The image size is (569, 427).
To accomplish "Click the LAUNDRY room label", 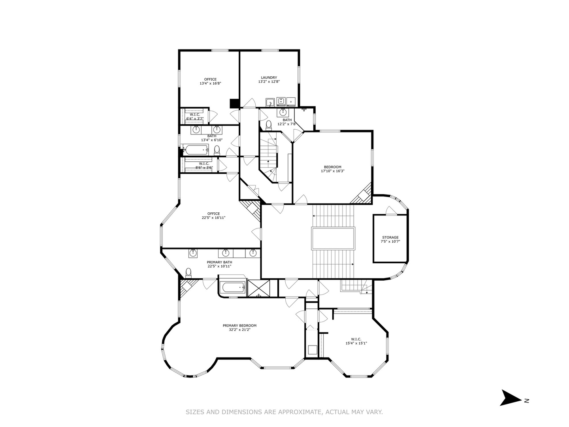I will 269,77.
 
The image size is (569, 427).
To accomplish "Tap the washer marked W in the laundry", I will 281,102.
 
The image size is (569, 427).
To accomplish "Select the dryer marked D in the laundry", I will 291,102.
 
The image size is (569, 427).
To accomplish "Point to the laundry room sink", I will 270,102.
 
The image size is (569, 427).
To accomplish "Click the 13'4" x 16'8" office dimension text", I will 210,83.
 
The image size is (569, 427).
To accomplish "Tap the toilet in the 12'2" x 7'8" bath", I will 269,125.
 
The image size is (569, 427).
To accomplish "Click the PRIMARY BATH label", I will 219,262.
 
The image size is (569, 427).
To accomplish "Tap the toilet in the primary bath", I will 188,272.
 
